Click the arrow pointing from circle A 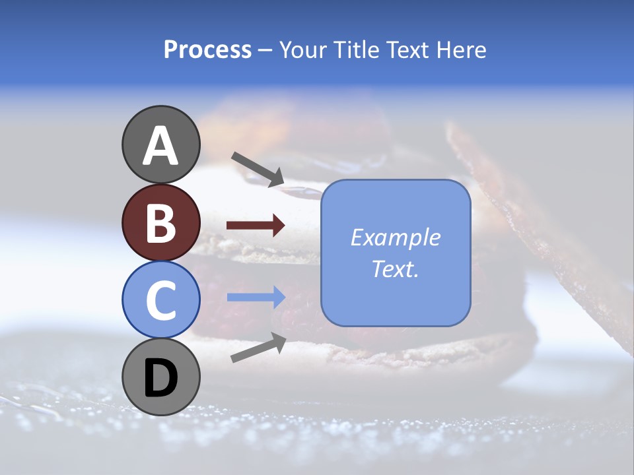tap(258, 169)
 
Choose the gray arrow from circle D tap(258, 347)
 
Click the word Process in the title tap(207, 50)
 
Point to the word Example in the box tap(395, 237)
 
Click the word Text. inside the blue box tap(395, 269)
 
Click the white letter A tap(160, 146)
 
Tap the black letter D tap(160, 379)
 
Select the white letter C tap(160, 301)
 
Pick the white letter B tap(160, 223)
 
